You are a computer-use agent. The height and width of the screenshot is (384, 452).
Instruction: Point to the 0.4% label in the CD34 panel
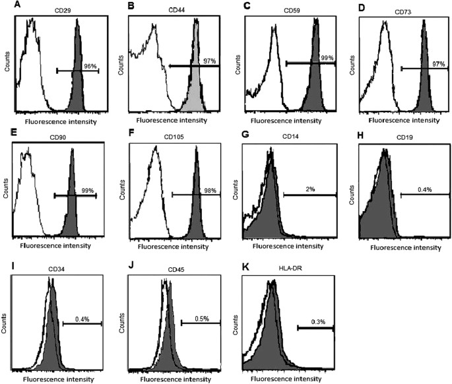[82, 319]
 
